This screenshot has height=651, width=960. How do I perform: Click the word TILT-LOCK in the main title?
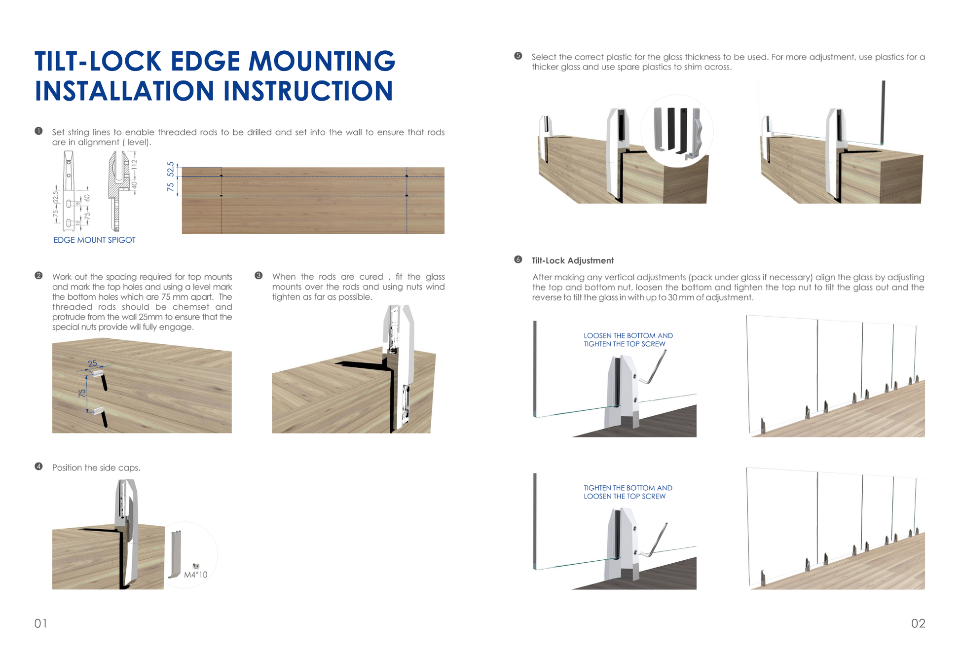[98, 61]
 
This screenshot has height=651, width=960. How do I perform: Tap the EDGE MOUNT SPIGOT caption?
[94, 240]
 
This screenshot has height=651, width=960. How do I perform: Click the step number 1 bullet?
[38, 131]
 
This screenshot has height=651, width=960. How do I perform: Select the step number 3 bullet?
[258, 276]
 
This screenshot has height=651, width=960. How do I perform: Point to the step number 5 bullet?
[518, 56]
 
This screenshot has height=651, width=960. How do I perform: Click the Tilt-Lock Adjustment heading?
[572, 260]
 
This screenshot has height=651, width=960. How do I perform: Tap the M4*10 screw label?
[195, 575]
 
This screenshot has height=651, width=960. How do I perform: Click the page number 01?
[40, 623]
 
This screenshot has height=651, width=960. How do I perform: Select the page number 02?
[918, 623]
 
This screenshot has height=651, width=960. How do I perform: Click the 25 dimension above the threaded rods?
[92, 363]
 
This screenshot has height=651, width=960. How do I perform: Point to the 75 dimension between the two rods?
[82, 393]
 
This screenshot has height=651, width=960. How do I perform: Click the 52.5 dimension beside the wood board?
[171, 169]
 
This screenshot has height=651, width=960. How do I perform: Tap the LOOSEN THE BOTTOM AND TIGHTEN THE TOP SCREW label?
[628, 340]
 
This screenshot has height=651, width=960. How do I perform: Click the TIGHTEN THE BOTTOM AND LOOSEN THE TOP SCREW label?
[628, 492]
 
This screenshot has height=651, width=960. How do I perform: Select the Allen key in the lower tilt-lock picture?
[658, 540]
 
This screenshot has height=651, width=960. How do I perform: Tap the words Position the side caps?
[96, 468]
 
